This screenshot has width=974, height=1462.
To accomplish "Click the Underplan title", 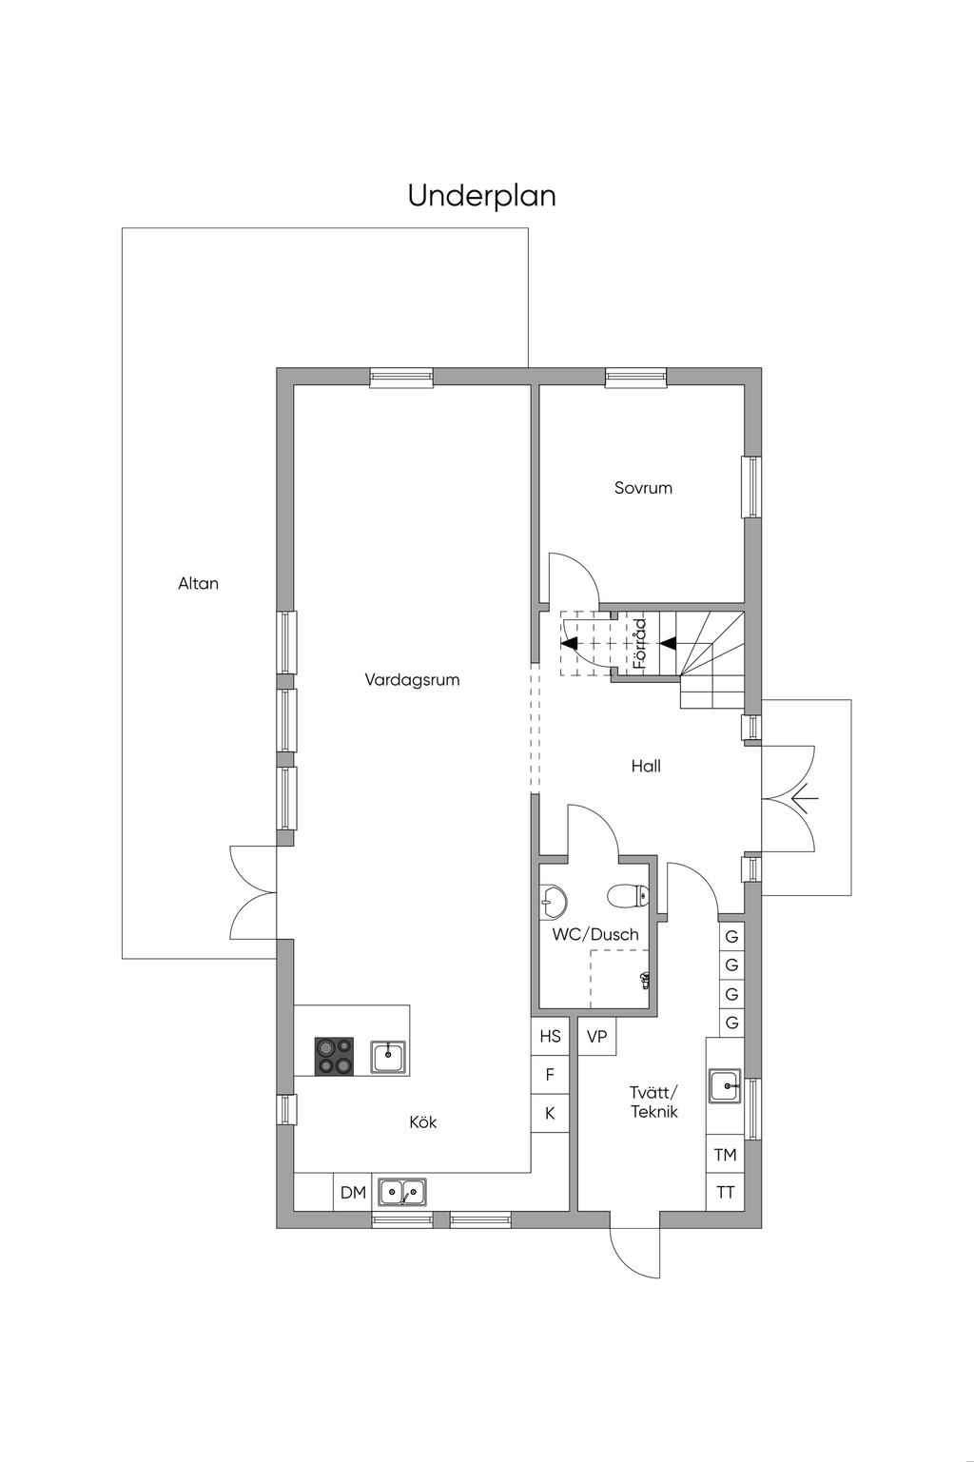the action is click(482, 196).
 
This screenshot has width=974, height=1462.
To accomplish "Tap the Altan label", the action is click(199, 583).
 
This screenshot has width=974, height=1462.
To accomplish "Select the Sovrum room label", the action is click(643, 488).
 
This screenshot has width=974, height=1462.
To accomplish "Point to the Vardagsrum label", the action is click(412, 679).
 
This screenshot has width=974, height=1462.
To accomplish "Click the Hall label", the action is click(646, 766).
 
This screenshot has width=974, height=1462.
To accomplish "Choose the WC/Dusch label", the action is click(595, 934).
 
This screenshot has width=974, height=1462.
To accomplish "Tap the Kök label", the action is click(423, 1122).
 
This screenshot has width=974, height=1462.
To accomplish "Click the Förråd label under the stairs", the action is click(640, 644).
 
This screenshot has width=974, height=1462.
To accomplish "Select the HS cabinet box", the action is click(551, 1037).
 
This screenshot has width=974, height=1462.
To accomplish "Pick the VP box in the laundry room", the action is click(597, 1037).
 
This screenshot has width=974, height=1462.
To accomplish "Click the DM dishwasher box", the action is click(353, 1193).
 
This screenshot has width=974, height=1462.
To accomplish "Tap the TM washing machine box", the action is click(726, 1155).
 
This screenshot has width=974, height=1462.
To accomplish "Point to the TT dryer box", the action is click(726, 1193).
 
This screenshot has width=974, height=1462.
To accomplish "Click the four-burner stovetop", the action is click(334, 1057).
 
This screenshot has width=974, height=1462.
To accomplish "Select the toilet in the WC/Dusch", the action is click(628, 896).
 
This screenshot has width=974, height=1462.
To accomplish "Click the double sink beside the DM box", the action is click(402, 1192).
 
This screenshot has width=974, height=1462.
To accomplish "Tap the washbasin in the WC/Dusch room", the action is click(553, 903).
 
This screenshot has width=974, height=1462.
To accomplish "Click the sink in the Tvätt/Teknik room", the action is click(726, 1086).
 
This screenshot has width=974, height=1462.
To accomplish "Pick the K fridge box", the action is click(551, 1113).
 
